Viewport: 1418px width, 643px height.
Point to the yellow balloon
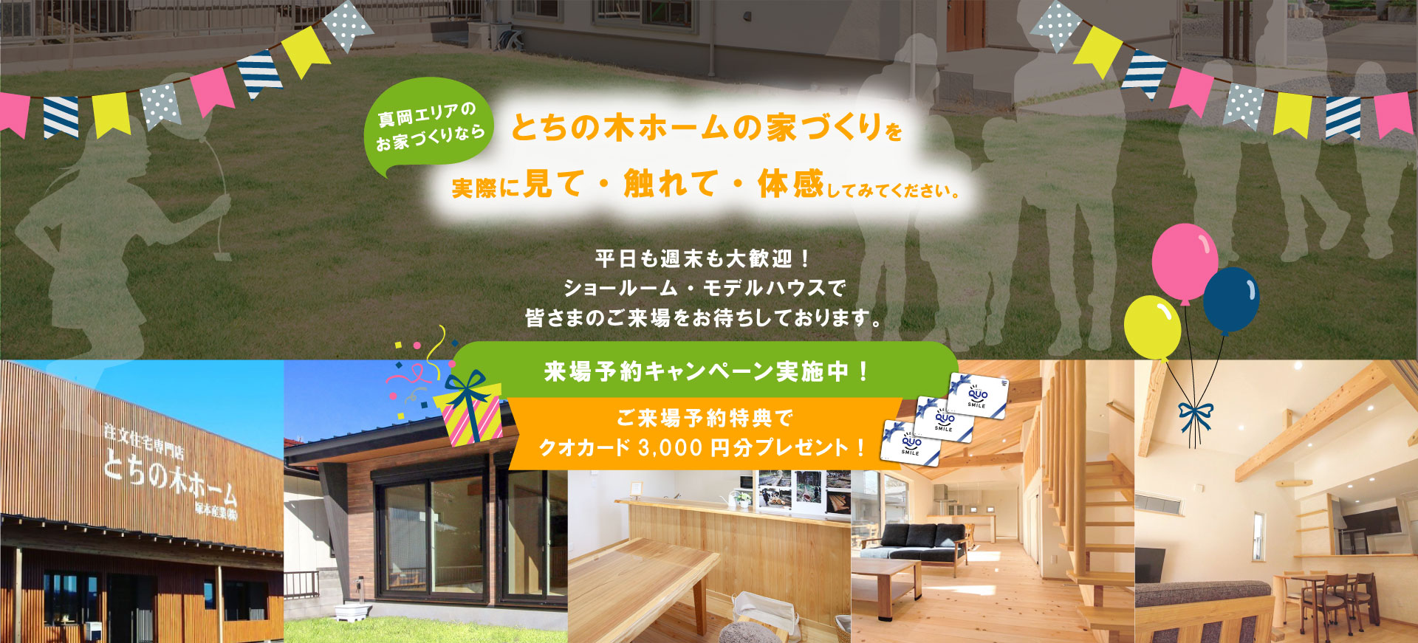(x=1152, y=327)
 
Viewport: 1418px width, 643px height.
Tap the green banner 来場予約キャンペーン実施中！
(x=705, y=371)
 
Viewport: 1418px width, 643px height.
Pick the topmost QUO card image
(x=978, y=395)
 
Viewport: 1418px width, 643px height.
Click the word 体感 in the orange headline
(x=790, y=184)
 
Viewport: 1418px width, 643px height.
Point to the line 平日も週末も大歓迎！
(x=703, y=259)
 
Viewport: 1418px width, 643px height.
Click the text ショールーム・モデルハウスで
(x=703, y=288)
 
